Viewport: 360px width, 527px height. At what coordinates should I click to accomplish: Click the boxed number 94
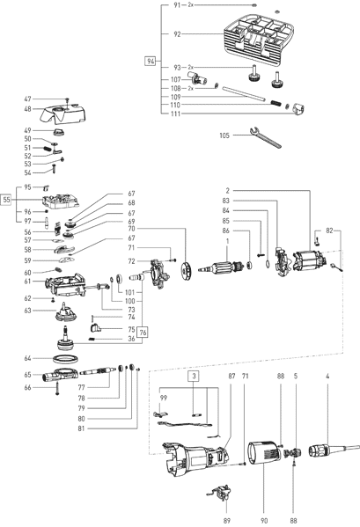point(151,62)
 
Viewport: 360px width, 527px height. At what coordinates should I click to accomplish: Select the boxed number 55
point(6,200)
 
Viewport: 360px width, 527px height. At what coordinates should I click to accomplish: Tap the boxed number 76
point(143,333)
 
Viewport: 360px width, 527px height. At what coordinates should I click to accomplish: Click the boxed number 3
point(194,376)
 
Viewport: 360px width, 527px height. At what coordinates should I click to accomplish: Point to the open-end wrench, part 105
point(266,137)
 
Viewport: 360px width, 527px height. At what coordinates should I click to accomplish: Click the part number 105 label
point(224,135)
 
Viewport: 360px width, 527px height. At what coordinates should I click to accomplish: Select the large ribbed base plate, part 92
point(260,40)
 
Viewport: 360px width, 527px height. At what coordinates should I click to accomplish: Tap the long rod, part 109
point(244,94)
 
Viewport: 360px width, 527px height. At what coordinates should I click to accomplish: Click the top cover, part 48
point(62,114)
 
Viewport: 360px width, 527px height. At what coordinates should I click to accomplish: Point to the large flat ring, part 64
point(65,358)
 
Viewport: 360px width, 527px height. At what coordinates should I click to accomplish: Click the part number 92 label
point(177,34)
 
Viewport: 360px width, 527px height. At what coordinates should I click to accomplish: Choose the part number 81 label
point(81,428)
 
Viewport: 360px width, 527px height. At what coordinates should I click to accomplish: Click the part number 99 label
point(164,398)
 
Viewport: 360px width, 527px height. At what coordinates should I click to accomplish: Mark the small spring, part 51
point(48,148)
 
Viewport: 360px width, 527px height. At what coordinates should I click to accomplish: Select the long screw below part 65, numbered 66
point(58,388)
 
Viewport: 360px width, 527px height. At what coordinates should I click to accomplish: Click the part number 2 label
point(228,191)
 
